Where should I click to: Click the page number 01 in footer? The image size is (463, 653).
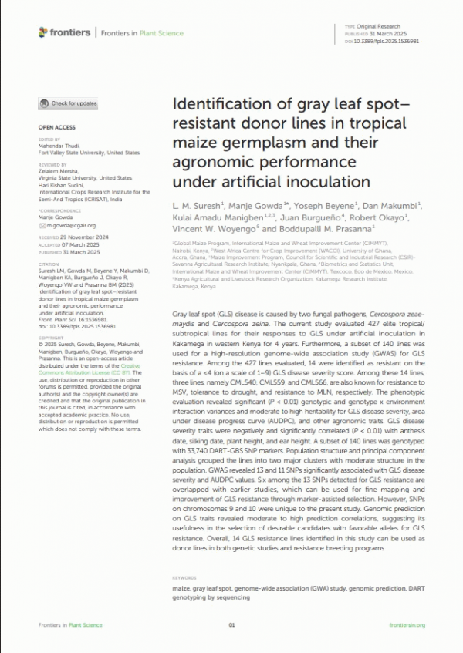coord(231,625)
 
